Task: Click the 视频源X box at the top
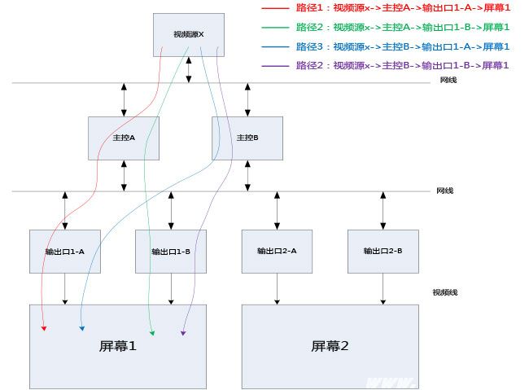[x=189, y=35]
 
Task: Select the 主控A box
[x=124, y=138]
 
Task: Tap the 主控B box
[x=247, y=138]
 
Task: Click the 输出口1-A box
[x=65, y=252]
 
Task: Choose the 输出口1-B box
[x=171, y=252]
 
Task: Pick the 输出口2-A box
[x=277, y=251]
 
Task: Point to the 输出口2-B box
[x=383, y=251]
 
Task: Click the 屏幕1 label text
[x=118, y=346]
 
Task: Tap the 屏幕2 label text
[x=330, y=346]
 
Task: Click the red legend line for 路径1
[x=275, y=7]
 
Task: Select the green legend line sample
[x=275, y=27]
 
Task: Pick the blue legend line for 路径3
[x=275, y=46]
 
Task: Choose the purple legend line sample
[x=275, y=65]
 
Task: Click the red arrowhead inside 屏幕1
[x=44, y=328]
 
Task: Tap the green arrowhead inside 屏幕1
[x=152, y=333]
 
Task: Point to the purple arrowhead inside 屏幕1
[x=183, y=333]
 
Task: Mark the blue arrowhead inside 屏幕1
[x=81, y=328]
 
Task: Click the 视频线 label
[x=445, y=291]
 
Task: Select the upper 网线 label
[x=448, y=80]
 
